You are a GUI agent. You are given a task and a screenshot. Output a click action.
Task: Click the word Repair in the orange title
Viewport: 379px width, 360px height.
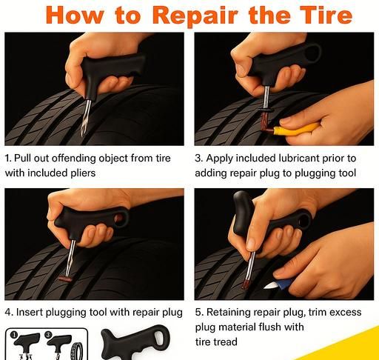[195, 16]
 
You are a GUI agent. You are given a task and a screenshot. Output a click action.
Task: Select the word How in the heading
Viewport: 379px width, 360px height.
[75, 15]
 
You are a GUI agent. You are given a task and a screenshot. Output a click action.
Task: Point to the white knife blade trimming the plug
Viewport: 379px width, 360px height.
[270, 286]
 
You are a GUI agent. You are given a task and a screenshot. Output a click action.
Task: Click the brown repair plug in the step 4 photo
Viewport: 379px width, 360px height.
[64, 279]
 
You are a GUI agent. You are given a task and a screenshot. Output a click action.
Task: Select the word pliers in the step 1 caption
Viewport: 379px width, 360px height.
[83, 173]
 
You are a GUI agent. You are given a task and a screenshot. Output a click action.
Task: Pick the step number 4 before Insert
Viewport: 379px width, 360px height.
[8, 313]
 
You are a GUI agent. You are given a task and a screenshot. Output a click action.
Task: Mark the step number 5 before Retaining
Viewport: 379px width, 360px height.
[198, 313]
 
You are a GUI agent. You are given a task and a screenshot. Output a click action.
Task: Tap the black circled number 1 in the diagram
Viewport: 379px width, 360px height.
[14, 335]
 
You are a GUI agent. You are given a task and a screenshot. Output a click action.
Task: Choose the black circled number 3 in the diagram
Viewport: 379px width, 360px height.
[48, 335]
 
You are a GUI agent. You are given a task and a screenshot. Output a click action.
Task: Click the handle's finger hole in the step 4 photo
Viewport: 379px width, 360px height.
[119, 219]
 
